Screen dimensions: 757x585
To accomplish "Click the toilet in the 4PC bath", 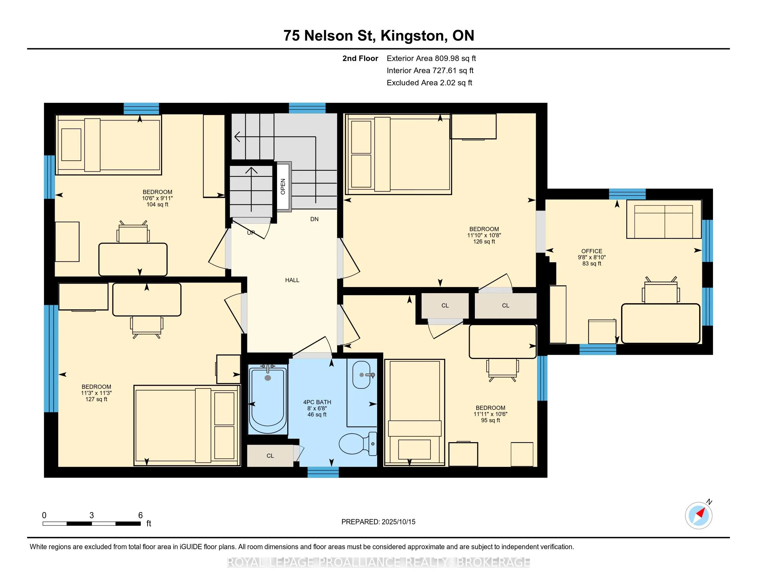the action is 358,444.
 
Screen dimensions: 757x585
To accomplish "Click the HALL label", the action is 292,280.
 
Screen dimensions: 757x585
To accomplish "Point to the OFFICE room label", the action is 592,251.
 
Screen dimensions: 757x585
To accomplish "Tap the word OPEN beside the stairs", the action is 283,187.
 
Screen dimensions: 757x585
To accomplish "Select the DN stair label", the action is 314,219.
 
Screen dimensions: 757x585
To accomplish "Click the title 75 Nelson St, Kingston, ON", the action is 379,35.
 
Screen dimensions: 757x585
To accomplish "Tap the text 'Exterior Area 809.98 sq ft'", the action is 431,58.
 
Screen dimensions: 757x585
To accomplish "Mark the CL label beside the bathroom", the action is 270,456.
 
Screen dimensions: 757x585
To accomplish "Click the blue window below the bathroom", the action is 323,472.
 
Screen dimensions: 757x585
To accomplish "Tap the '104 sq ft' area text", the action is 157,204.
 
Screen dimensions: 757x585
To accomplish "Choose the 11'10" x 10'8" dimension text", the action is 484,235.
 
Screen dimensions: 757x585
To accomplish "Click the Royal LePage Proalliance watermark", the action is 378,562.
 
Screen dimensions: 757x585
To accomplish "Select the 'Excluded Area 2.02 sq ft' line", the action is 429,83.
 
